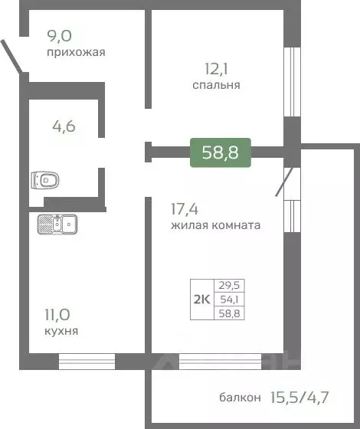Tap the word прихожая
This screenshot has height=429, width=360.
(x=76, y=53)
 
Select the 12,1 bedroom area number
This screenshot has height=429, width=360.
(x=216, y=67)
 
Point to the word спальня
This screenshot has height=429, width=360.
(x=216, y=85)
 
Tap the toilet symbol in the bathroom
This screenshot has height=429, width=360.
(x=46, y=181)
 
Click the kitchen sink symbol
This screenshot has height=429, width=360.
(x=55, y=224)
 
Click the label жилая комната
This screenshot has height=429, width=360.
(x=217, y=225)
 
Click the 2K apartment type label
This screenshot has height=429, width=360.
(x=201, y=298)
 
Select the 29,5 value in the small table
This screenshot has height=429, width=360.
(x=228, y=285)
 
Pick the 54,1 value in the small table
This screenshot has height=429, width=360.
(x=228, y=298)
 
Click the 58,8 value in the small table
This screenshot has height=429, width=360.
(x=228, y=312)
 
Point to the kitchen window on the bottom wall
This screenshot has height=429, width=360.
(x=87, y=357)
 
